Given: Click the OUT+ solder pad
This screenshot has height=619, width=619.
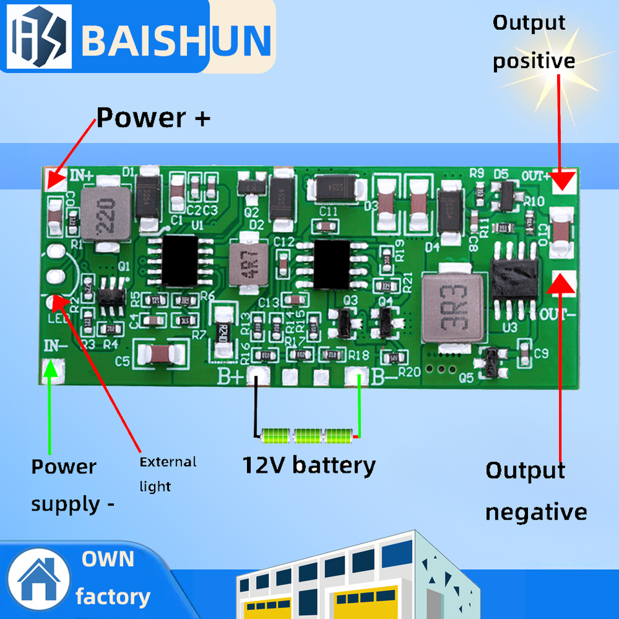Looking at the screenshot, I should pos(564,181).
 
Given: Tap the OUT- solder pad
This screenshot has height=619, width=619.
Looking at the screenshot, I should pos(564,281).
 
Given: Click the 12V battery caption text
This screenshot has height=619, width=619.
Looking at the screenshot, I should pos(308,465).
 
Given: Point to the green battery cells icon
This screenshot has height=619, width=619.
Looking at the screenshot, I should pos(308,437).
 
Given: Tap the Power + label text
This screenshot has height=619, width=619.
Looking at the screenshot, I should pos(153,118).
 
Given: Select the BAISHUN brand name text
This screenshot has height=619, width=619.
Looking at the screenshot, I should pos(175,40).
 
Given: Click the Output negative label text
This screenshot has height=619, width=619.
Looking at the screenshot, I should pos(536,491).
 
